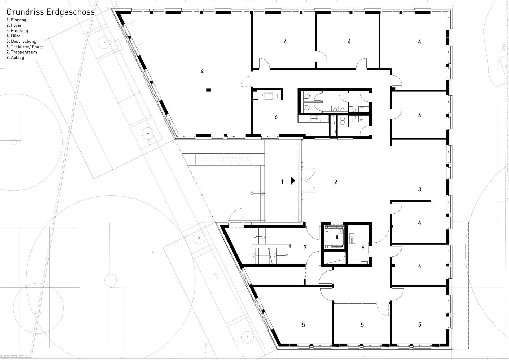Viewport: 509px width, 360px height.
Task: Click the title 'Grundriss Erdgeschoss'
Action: pos(50,12)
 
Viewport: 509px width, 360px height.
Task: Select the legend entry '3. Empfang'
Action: pos(17,31)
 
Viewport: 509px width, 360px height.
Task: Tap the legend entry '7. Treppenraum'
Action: pos(22,52)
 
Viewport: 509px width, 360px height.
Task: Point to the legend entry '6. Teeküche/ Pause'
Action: pos(25,47)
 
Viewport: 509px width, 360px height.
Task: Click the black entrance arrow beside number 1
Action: pos(293,181)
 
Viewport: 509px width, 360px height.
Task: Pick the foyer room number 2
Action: pos(336,182)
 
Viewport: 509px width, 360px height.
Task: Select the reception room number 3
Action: pos(419,189)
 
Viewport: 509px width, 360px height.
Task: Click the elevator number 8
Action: pos(337,237)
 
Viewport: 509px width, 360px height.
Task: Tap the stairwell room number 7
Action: pos(305,247)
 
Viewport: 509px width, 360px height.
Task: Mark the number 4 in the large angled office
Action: pos(202,71)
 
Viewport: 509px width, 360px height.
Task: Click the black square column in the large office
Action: pos(209,90)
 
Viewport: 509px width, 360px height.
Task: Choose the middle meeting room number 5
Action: pos(362,325)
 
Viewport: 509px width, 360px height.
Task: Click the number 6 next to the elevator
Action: pos(363,248)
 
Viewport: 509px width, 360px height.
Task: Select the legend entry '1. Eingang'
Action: pos(16,20)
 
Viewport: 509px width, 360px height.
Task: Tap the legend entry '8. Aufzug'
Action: pos(15,58)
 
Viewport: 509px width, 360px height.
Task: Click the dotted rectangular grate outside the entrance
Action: pos(223,159)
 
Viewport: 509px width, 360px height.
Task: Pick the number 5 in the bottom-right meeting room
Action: pos(419,324)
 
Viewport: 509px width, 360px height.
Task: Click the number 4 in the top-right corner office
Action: pos(419,42)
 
